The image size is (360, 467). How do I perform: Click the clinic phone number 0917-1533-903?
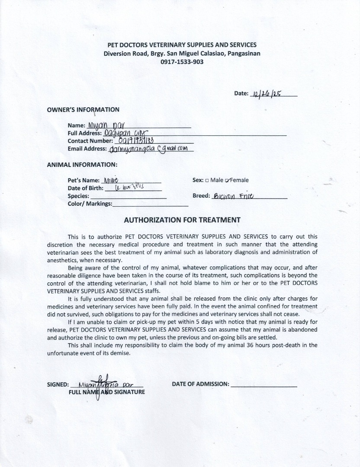point(182,62)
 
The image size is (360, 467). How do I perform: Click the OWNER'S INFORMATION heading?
point(83,109)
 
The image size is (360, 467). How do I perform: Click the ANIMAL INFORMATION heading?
point(82,164)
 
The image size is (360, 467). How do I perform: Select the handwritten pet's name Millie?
point(110,180)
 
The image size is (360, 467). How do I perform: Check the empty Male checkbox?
point(207,180)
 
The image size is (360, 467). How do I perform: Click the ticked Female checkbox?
point(228,180)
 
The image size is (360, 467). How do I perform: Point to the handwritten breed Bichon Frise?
point(236,195)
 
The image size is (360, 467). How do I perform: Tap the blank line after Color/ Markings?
point(150,205)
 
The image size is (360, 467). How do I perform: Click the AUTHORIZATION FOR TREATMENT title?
point(182,220)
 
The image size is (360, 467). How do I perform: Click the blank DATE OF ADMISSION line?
point(264,384)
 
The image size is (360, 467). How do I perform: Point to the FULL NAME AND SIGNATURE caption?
point(106,392)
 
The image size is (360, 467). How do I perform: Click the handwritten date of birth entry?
point(126,188)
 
